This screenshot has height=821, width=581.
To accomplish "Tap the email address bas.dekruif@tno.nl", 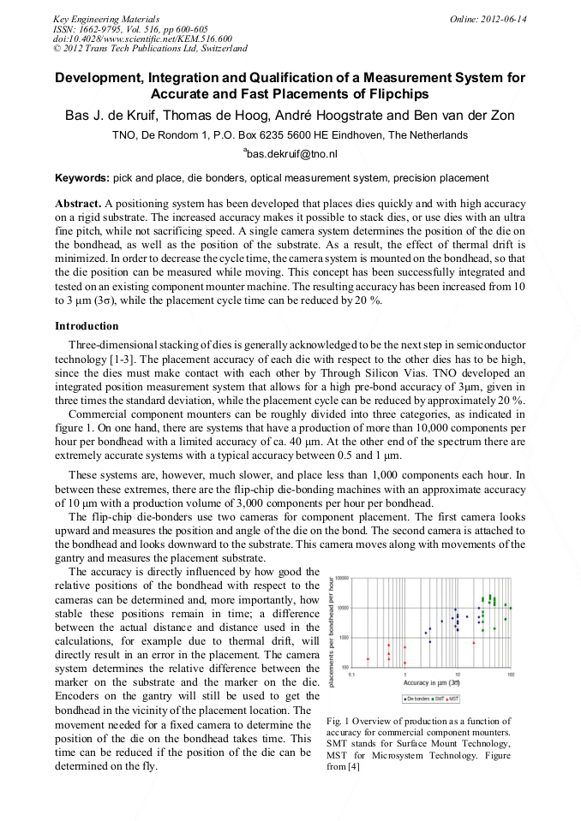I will click(x=291, y=154).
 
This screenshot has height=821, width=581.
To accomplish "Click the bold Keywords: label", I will click(x=82, y=178).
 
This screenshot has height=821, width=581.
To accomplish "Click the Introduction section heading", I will click(x=87, y=326).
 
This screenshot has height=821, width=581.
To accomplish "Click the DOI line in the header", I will click(x=142, y=39).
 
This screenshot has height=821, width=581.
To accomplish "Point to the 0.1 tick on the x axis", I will click(x=351, y=674).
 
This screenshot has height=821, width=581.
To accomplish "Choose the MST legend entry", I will click(x=453, y=699).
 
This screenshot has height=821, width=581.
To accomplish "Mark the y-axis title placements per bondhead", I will click(x=332, y=622).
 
